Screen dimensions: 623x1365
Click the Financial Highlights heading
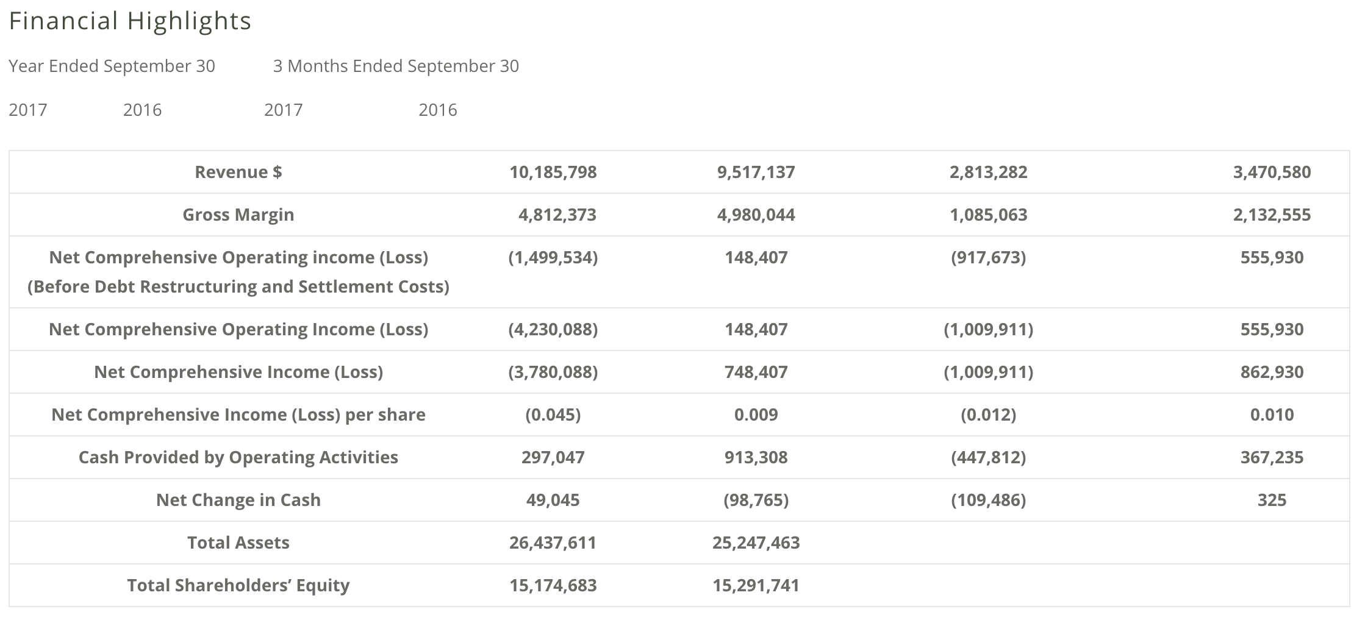[130, 21]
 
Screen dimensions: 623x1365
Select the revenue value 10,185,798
[553, 172]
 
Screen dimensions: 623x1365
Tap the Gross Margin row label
[238, 215]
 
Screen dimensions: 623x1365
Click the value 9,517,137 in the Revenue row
[756, 172]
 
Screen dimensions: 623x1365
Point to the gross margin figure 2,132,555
[1272, 215]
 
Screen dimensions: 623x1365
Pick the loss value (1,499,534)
[553, 257]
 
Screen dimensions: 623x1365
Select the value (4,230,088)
[553, 329]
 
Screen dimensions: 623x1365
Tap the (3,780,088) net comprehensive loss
[553, 372]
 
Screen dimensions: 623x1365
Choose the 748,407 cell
[756, 372]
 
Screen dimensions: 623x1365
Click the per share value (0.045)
[553, 415]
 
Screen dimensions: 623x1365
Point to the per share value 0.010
[1272, 415]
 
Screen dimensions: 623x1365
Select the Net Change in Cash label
[238, 500]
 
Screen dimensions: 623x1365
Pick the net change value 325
[1272, 500]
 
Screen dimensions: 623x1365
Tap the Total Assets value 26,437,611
[553, 543]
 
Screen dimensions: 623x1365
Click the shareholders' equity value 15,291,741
[756, 585]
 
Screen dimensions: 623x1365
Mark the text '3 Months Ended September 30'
[396, 66]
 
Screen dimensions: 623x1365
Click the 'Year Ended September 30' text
[112, 66]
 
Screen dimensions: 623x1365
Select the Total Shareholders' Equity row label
[238, 585]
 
